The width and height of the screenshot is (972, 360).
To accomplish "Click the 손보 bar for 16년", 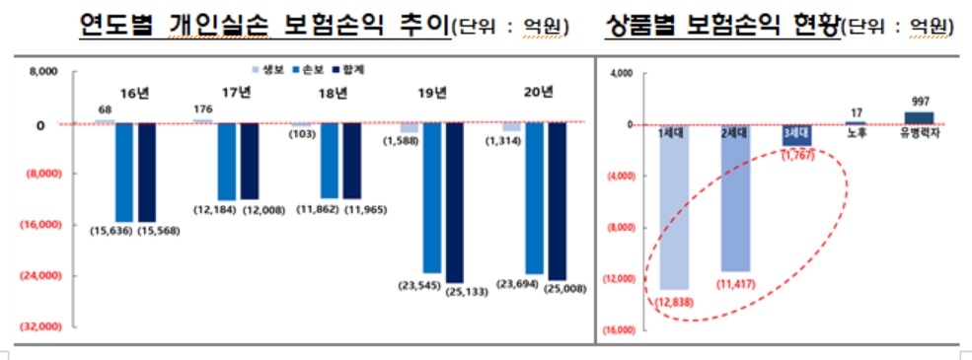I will click(x=124, y=173).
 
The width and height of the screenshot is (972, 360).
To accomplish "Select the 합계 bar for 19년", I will click(x=454, y=202).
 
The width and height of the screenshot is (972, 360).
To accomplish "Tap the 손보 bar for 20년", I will click(x=534, y=197).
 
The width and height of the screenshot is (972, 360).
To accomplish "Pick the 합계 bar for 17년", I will click(x=250, y=161).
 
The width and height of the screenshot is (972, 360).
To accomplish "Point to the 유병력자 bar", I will click(x=919, y=117).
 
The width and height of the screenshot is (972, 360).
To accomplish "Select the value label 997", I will click(x=919, y=101).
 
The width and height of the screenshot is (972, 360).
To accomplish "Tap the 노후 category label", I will click(x=857, y=133).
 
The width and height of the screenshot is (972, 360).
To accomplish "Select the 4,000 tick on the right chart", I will click(x=621, y=74).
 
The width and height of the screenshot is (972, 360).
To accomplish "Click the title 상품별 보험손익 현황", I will click(x=719, y=26).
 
